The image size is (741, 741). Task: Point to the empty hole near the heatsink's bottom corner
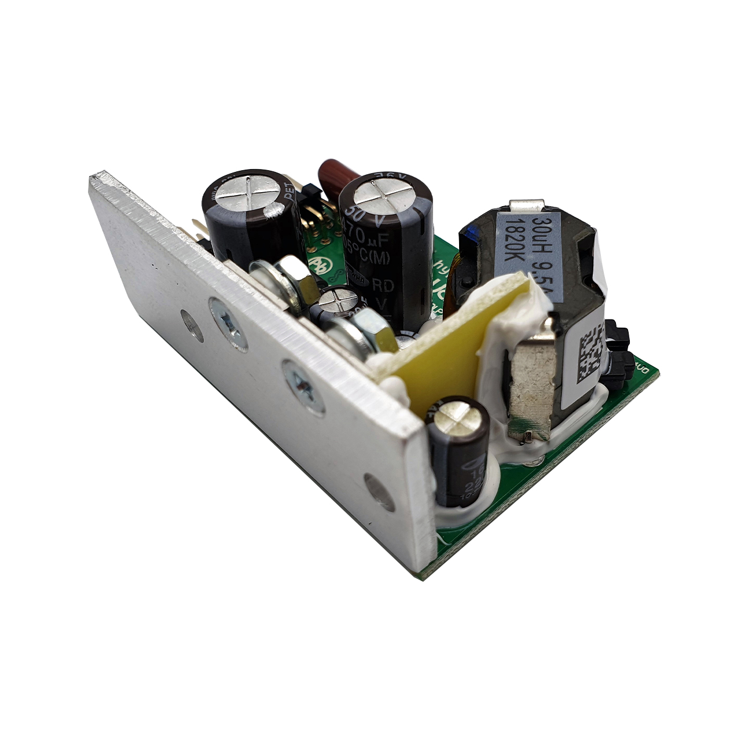pos(379,493)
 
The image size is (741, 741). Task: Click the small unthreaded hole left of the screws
pos(191,325)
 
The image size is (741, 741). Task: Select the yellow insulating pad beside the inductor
pos(440,347)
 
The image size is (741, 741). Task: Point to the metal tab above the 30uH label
pos(527,206)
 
